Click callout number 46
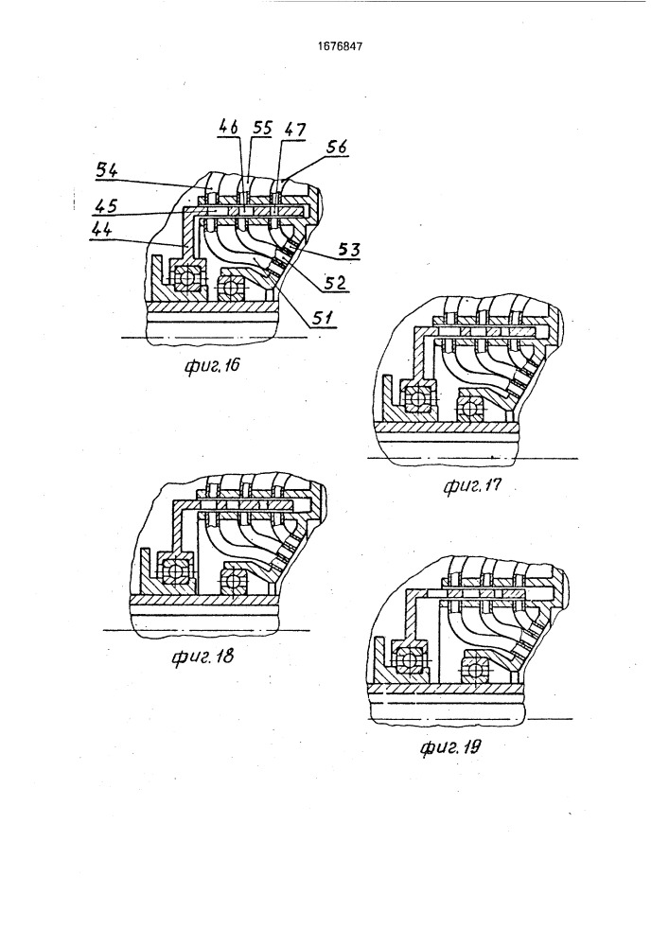(227, 127)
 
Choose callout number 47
(294, 129)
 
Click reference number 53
(349, 249)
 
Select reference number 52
(337, 282)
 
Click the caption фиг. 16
(212, 365)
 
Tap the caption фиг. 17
(472, 485)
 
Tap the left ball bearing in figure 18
(176, 569)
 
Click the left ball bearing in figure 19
(411, 658)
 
